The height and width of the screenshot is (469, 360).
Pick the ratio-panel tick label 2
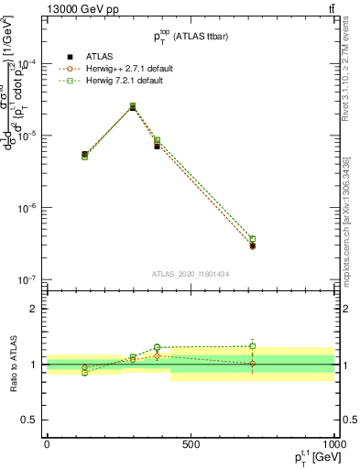point(33,309)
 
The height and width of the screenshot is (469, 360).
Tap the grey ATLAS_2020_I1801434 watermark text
point(191,274)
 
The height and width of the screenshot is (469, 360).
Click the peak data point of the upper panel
point(133,106)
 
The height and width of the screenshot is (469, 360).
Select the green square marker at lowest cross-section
point(253,239)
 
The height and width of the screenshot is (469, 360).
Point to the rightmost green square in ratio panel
point(253,346)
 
